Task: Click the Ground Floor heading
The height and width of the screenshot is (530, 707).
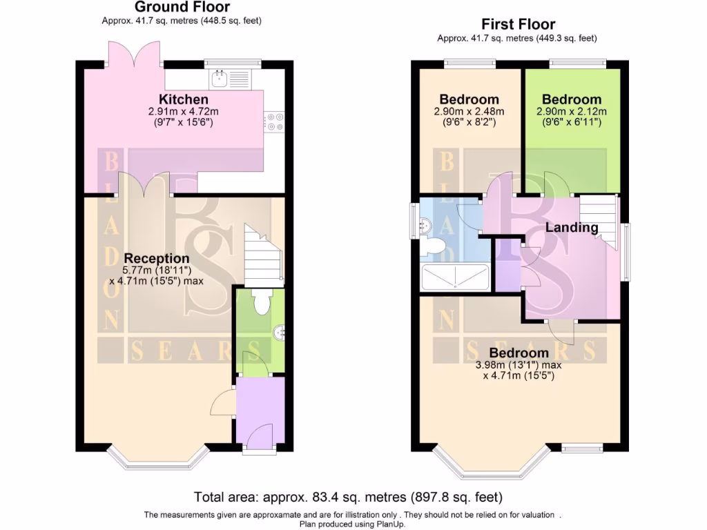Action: tap(182, 8)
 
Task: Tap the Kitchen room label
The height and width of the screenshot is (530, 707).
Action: tap(184, 99)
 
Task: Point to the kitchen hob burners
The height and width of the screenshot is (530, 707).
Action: tap(275, 122)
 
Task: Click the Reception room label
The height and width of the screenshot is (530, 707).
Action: tap(156, 259)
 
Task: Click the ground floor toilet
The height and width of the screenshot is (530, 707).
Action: tap(260, 302)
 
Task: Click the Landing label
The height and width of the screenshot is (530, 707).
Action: tap(572, 228)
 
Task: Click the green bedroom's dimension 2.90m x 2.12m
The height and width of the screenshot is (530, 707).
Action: tap(572, 112)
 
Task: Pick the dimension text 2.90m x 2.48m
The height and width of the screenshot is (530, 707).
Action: tap(469, 112)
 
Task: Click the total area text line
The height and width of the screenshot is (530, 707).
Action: tap(348, 497)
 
